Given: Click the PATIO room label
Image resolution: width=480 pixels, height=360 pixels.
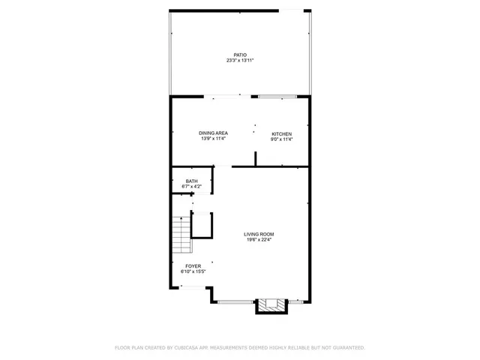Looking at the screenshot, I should [x=239, y=55].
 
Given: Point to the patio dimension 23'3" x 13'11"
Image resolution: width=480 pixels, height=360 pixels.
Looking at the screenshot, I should [x=239, y=60].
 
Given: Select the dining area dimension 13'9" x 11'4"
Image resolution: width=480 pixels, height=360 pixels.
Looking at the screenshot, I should [x=213, y=139].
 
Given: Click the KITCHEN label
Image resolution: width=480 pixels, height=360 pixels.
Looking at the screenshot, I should [x=281, y=133].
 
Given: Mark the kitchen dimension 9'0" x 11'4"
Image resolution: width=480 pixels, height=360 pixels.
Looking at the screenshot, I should [x=281, y=139].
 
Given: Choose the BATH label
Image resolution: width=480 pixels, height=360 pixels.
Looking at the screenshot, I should [x=192, y=181].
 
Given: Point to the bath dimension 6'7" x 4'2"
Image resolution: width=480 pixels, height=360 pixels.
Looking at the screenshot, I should [x=192, y=186].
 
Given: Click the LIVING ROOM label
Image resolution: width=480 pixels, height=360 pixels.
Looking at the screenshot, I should [x=258, y=235].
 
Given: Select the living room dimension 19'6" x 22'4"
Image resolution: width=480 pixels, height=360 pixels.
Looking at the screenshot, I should [x=258, y=240].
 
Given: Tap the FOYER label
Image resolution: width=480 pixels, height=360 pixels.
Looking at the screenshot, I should [x=192, y=266].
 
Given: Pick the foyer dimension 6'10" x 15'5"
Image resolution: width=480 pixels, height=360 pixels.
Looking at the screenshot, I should [x=192, y=271].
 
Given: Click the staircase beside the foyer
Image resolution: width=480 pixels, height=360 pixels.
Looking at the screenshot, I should [x=180, y=235].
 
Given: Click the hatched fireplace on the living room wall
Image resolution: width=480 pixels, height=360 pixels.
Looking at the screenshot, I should [x=271, y=304].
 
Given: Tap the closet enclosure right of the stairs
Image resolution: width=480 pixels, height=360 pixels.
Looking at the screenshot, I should [x=202, y=224].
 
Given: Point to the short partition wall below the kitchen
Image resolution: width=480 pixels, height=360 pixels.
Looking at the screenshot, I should [x=256, y=159].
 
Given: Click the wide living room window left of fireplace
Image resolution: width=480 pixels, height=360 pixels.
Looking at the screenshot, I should [x=235, y=301].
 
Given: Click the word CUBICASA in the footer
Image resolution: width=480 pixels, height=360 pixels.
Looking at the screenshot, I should [x=190, y=348].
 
